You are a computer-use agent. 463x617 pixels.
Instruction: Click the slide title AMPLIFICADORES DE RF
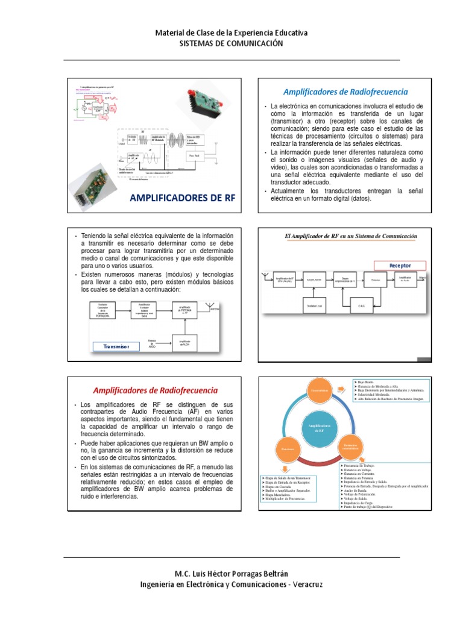click(181, 199)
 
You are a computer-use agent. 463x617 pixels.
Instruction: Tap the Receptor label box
click(400, 266)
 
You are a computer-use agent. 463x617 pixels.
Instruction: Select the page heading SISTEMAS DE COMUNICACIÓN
click(231, 43)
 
